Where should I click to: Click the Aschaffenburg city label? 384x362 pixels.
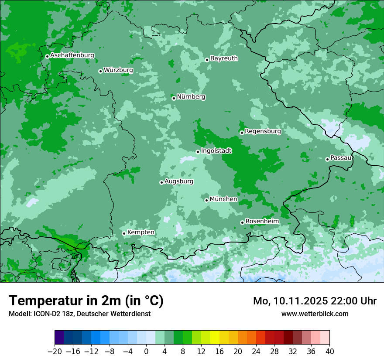click(72, 55)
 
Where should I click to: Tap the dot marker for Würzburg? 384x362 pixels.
click(100, 71)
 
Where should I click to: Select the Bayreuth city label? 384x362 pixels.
click(224, 58)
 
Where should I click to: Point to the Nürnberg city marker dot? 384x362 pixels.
click(174, 98)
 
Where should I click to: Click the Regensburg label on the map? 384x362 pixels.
click(263, 131)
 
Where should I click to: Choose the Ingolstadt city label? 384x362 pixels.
click(216, 150)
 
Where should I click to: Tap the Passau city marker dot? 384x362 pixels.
click(327, 159)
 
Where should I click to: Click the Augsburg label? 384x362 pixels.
click(179, 181)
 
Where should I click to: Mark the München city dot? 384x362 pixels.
click(206, 200)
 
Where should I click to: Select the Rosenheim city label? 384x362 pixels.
click(262, 221)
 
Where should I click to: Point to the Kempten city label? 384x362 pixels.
click(141, 232)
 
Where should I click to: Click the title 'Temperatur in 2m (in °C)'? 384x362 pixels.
click(86, 301)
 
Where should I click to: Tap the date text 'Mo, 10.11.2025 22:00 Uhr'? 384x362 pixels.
click(315, 301)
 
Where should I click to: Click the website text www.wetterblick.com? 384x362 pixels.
click(315, 314)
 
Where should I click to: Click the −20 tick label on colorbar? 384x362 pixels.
click(55, 352)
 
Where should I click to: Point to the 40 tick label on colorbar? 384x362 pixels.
click(329, 352)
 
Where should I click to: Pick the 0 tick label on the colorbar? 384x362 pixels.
click(146, 352)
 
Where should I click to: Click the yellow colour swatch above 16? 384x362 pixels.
click(215, 338)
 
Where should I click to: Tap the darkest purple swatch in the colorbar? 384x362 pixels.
click(59, 338)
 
